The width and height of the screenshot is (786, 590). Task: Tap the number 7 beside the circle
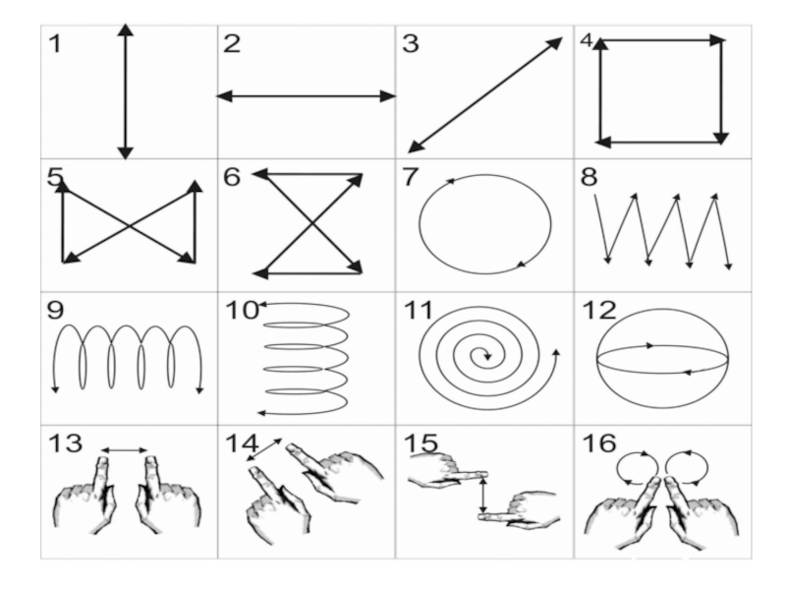pyautogui.click(x=413, y=177)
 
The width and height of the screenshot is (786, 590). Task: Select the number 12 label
pyautogui.click(x=599, y=311)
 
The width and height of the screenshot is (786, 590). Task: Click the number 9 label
pyautogui.click(x=55, y=311)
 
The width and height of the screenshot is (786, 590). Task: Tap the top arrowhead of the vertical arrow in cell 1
pyautogui.click(x=125, y=29)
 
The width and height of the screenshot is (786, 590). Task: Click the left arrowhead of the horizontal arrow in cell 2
pyautogui.click(x=222, y=96)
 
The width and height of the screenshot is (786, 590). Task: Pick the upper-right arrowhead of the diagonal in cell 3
pyautogui.click(x=556, y=42)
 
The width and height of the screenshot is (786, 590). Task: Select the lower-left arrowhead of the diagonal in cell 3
pyautogui.click(x=414, y=148)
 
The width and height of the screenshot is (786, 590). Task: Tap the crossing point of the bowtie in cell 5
pyautogui.click(x=129, y=226)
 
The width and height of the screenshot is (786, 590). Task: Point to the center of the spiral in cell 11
pyautogui.click(x=482, y=355)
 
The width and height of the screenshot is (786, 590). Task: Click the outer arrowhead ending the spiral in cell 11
pyautogui.click(x=556, y=350)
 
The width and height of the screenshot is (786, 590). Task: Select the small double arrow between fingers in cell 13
pyautogui.click(x=125, y=450)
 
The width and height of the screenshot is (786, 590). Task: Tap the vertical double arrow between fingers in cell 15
pyautogui.click(x=482, y=495)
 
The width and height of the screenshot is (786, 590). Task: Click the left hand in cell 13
pyautogui.click(x=86, y=497)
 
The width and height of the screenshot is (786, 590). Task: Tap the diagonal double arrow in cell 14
pyautogui.click(x=263, y=449)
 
